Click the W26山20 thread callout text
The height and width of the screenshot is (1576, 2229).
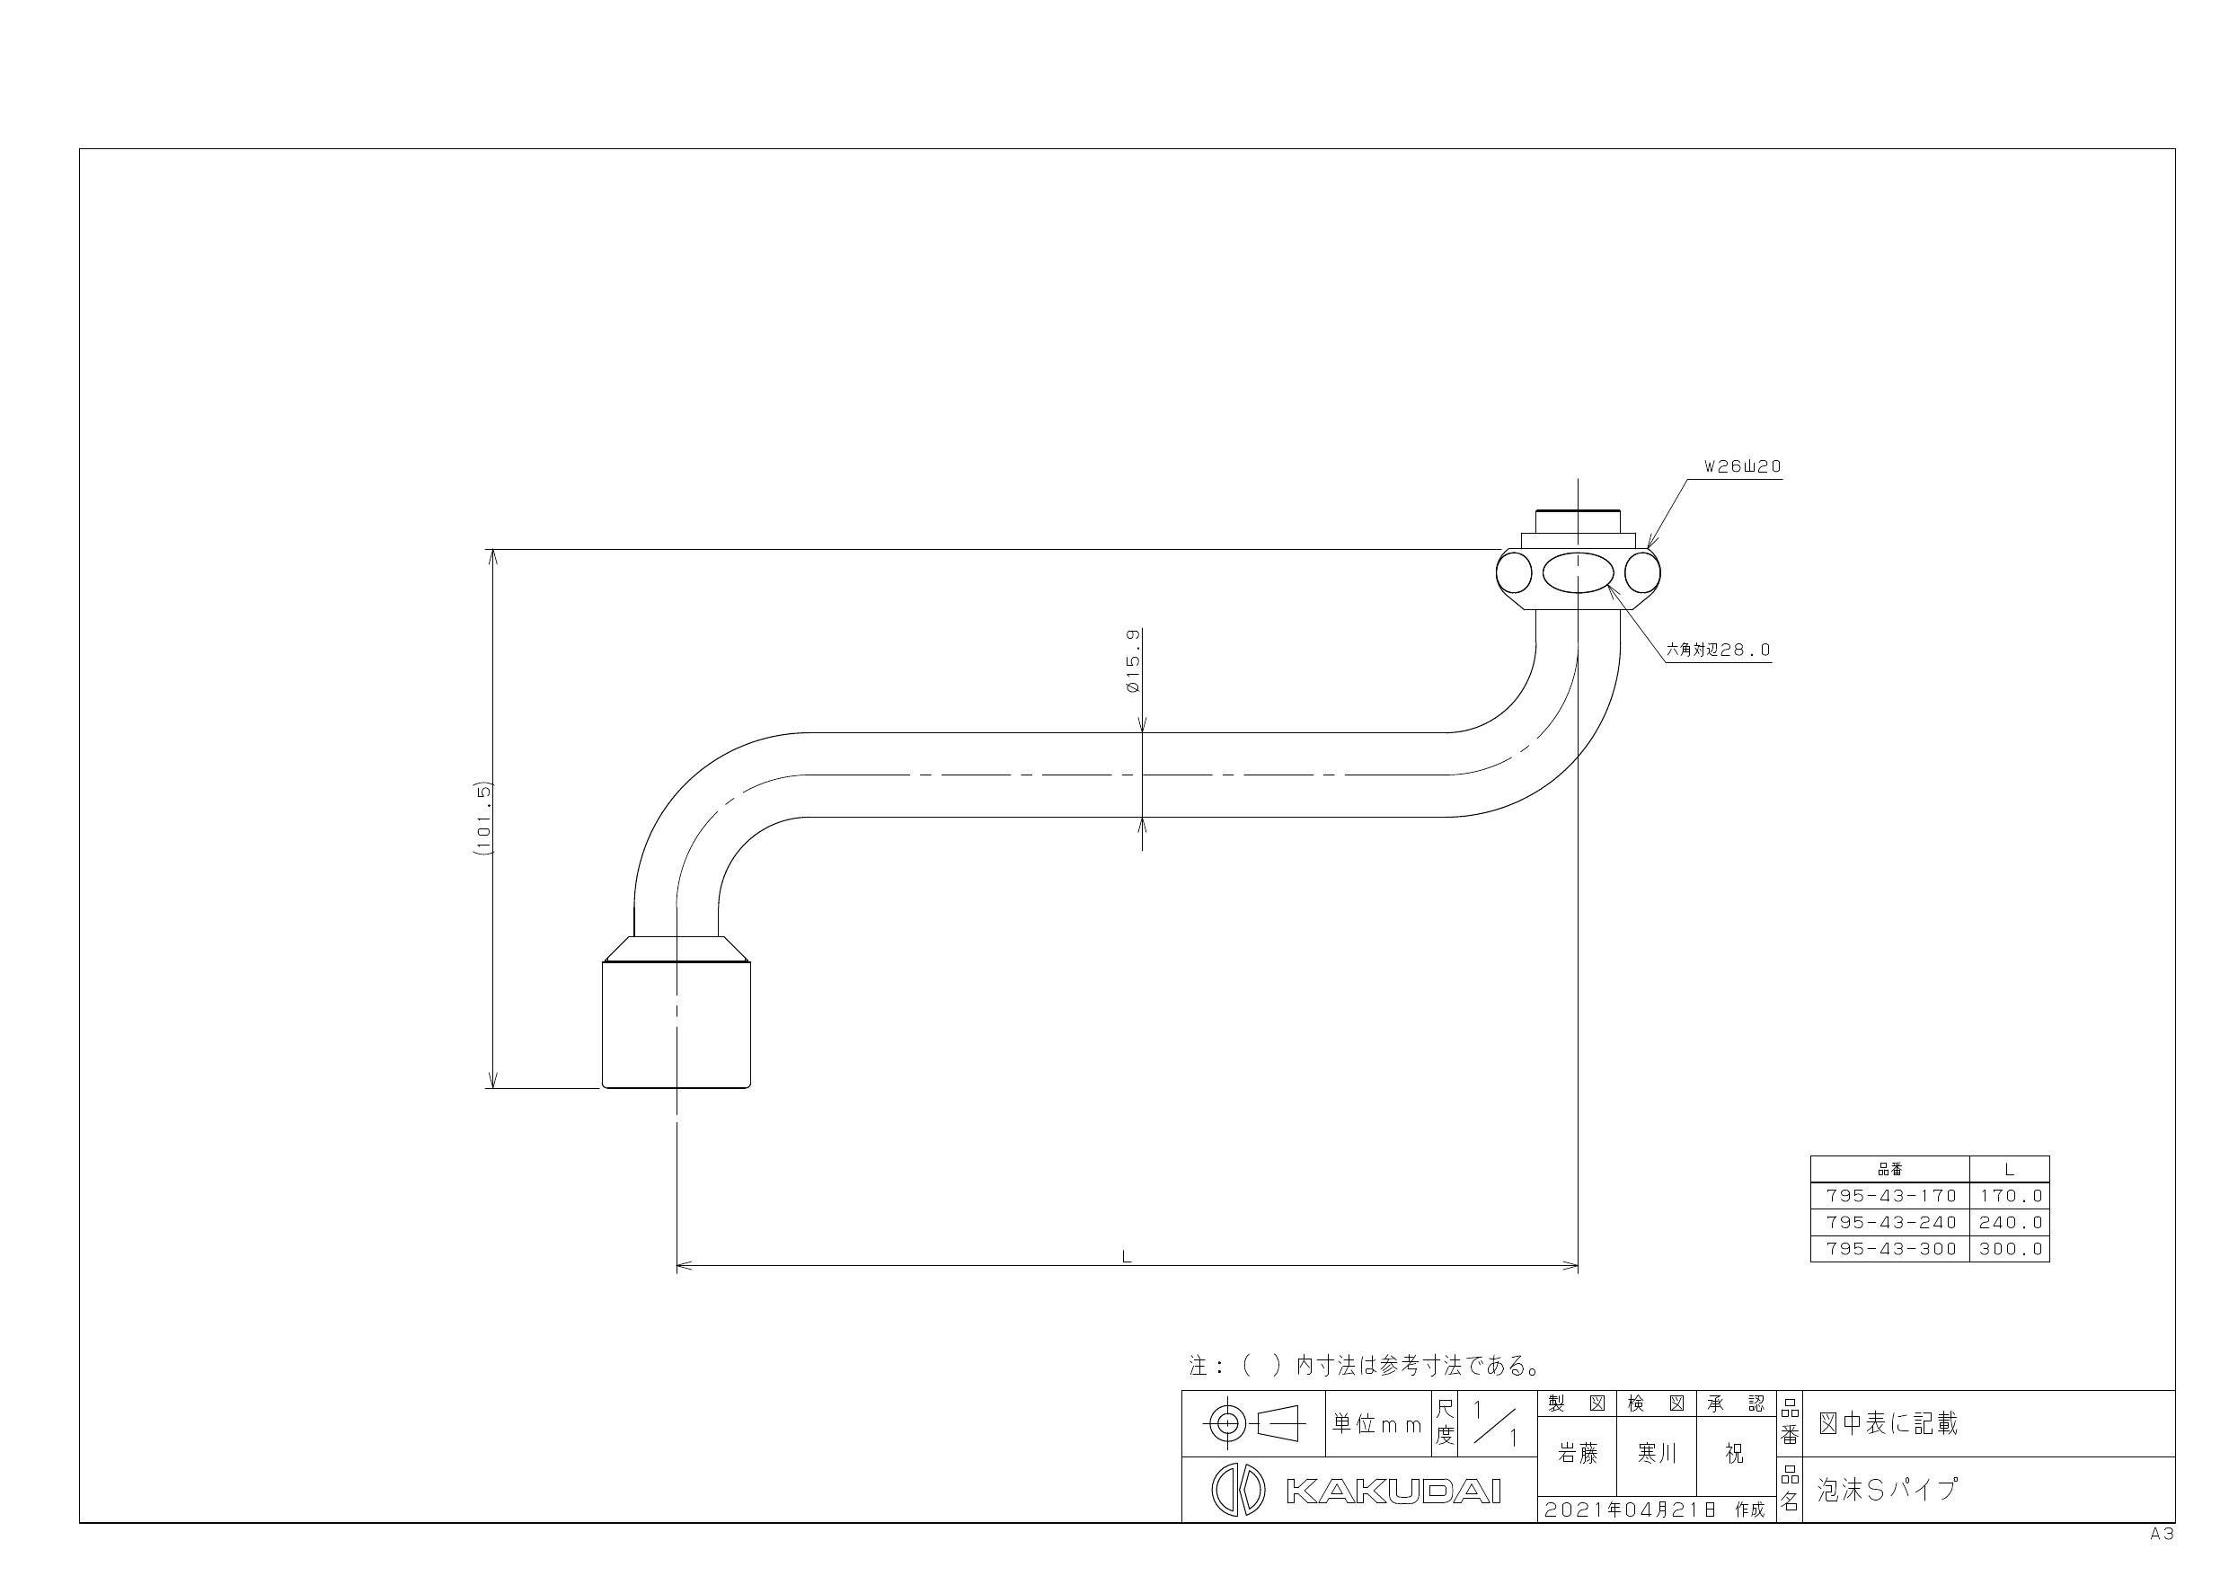click(x=1743, y=467)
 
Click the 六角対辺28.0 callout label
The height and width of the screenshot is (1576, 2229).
click(x=1719, y=650)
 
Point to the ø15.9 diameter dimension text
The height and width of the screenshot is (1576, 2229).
click(x=1133, y=660)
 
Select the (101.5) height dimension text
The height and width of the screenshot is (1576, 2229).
click(x=484, y=817)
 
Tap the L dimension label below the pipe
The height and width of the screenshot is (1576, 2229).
click(x=1126, y=1256)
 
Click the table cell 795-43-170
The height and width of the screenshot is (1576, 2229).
click(x=1890, y=1196)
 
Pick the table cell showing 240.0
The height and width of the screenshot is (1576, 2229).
click(x=2011, y=1223)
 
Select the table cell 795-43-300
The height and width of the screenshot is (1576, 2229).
click(x=1890, y=1249)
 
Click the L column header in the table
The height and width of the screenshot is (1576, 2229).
click(x=2010, y=1170)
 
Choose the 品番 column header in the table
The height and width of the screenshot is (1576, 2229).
click(x=1890, y=1170)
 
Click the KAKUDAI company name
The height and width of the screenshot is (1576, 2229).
click(x=1393, y=1492)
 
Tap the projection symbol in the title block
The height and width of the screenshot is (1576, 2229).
click(x=1253, y=1424)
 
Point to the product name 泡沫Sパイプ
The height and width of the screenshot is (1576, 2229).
click(x=1888, y=1490)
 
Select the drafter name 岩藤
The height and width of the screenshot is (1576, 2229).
click(x=1578, y=1454)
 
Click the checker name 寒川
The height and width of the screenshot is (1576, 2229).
click(x=1656, y=1454)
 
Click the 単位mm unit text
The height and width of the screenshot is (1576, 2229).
click(x=1376, y=1424)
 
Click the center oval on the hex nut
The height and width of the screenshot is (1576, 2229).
click(x=1579, y=573)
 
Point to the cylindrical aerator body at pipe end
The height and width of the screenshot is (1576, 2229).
click(x=677, y=1024)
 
